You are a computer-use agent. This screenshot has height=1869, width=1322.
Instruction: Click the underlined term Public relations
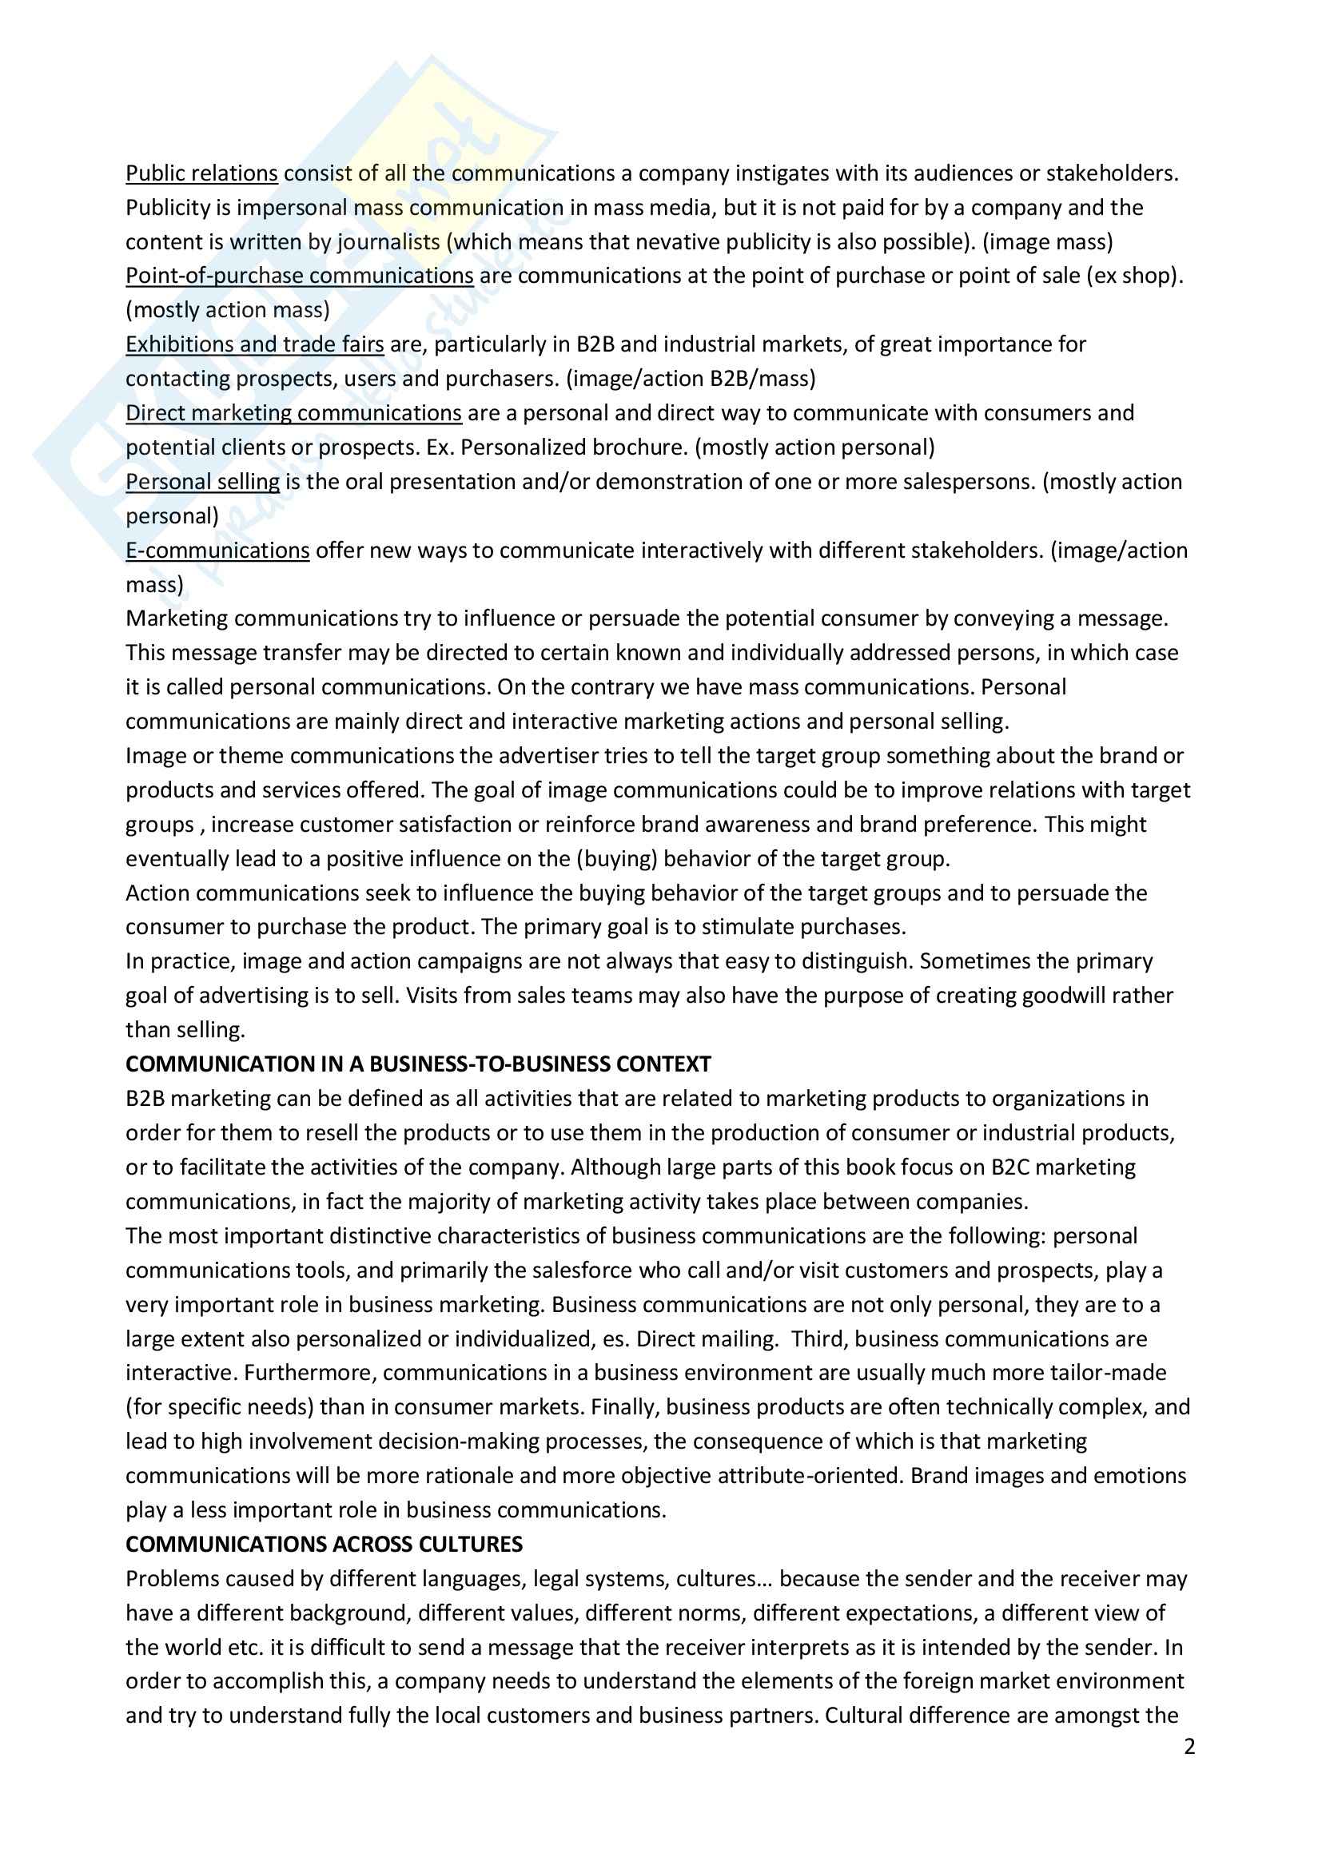201,173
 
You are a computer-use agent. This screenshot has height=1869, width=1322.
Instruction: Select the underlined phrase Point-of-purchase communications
299,276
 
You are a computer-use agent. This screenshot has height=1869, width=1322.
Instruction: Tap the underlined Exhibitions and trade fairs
254,344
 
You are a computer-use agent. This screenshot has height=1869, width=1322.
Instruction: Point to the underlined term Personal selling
202,482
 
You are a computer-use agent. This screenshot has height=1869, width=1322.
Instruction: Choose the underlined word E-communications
217,551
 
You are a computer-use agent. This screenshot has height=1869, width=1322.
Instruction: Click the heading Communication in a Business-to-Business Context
417,1064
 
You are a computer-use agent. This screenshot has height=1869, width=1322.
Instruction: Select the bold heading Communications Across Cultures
324,1545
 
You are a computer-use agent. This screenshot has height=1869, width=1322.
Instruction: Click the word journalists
388,242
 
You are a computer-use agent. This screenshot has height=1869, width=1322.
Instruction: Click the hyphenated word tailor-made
1105,1373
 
